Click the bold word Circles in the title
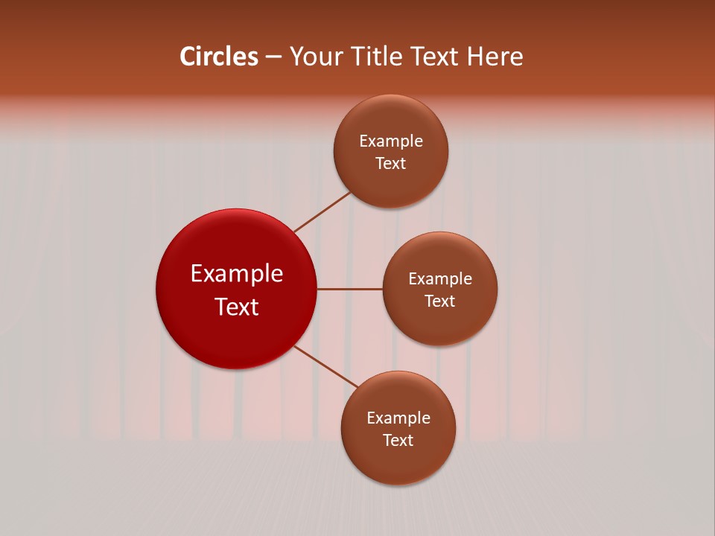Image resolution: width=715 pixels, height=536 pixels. (219, 57)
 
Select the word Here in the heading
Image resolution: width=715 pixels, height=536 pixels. (495, 57)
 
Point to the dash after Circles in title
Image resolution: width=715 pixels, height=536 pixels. (273, 57)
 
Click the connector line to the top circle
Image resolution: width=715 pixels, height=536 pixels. (322, 211)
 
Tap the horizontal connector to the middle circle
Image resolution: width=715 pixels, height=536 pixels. (350, 289)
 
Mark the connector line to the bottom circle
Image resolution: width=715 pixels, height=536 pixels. (326, 367)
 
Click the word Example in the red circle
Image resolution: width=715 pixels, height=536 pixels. (237, 274)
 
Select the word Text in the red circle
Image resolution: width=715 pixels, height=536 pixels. (237, 307)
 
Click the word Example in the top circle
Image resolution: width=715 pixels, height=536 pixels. (391, 141)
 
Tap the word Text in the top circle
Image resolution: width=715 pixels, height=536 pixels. (390, 164)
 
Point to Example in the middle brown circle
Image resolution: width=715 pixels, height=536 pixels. (440, 279)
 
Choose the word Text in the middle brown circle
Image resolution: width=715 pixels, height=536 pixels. (439, 301)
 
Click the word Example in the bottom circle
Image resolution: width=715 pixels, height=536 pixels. (398, 418)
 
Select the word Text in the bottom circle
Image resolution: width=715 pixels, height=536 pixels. (398, 440)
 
